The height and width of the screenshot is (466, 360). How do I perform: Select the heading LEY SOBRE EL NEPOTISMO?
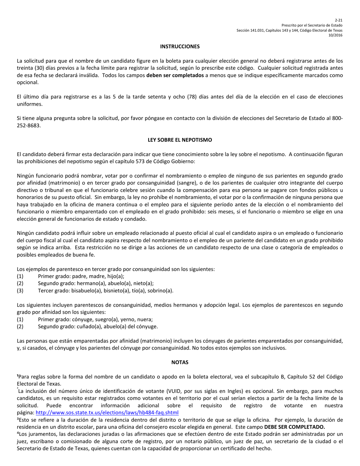point(180,140)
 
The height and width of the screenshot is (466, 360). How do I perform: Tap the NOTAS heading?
point(180,362)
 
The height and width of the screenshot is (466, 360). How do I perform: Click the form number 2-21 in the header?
point(338,20)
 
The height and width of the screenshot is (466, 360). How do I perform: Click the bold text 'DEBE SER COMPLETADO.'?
point(297,426)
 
